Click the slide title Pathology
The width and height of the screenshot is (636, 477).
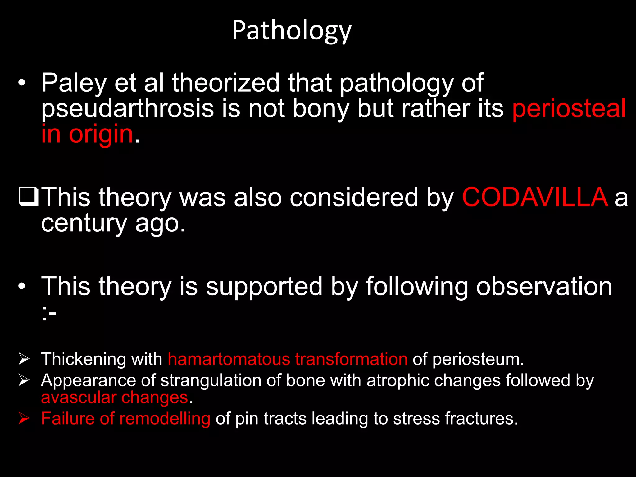[x=292, y=30]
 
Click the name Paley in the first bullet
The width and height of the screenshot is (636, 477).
[x=74, y=83]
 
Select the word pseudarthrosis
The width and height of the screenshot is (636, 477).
[x=128, y=108]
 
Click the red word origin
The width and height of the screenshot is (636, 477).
[x=101, y=134]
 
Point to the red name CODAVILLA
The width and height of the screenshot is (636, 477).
[x=535, y=197]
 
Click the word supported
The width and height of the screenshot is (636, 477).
[x=264, y=286]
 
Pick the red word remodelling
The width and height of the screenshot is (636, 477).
[x=165, y=418]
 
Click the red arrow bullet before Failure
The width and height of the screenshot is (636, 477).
[x=24, y=418]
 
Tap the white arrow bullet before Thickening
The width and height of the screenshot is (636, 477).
[x=24, y=359]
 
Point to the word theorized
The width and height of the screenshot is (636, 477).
[x=226, y=83]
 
